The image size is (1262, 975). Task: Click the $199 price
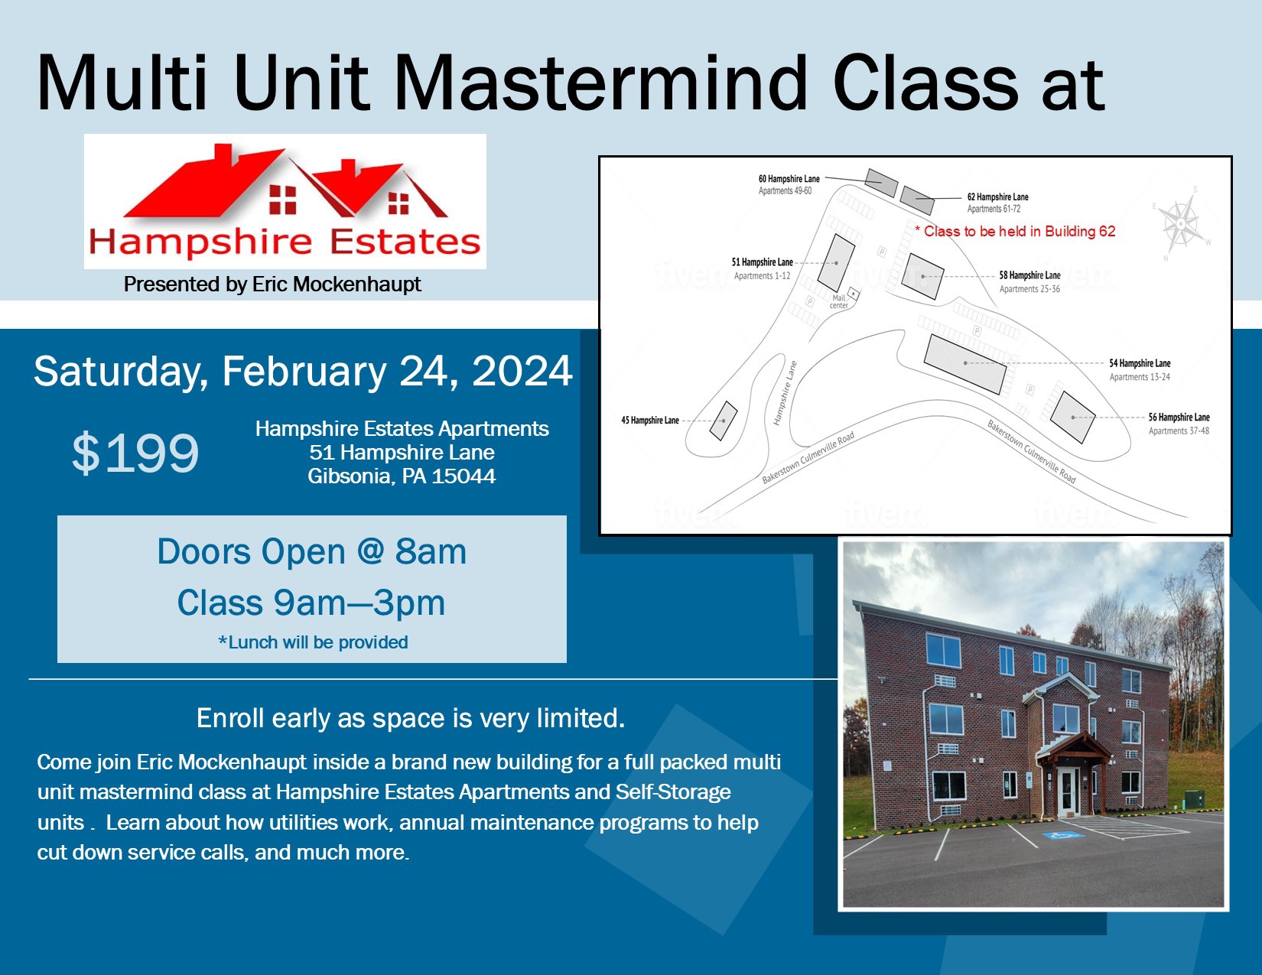coord(135,453)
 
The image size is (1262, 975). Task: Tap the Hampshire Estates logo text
coord(285,242)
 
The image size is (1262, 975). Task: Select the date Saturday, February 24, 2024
coord(303,372)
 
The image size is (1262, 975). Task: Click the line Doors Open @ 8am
coord(312,551)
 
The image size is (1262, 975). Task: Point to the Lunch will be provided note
coord(313,642)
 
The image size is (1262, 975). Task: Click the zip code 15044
coord(463,476)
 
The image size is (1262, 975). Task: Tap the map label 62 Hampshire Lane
coord(998,197)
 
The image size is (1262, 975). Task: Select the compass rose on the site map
coord(1182,223)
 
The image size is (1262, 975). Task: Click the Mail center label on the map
coord(838,301)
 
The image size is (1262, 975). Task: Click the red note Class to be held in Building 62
coord(1015,231)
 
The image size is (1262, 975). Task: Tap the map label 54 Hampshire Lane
coord(1140,363)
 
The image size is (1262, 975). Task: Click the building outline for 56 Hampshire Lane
coord(1072,417)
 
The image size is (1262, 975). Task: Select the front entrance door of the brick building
coord(1068,791)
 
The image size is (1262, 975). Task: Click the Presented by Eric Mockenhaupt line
coord(272,284)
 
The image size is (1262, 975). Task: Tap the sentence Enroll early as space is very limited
coord(411,718)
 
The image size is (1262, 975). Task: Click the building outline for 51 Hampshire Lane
coord(836,263)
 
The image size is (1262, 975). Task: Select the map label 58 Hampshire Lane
coord(1029,275)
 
